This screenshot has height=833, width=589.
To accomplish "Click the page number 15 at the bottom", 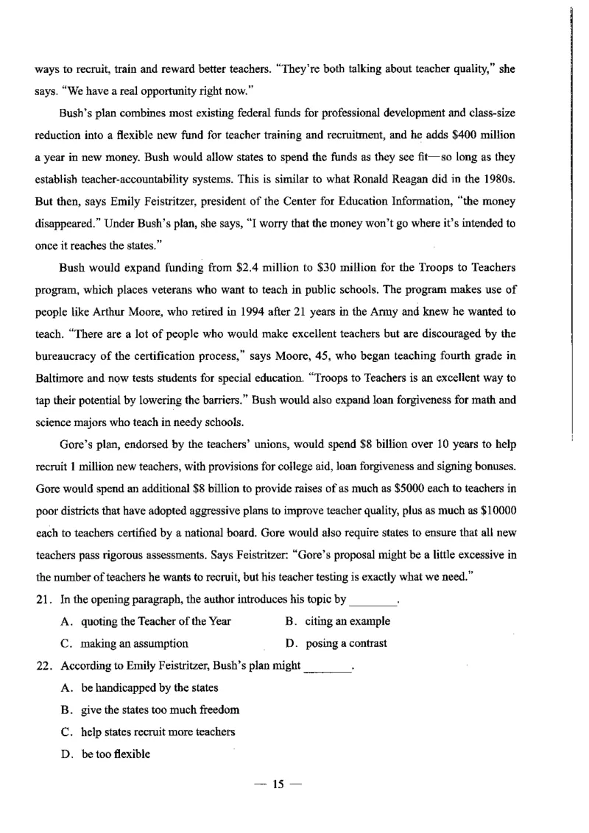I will click(278, 784).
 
